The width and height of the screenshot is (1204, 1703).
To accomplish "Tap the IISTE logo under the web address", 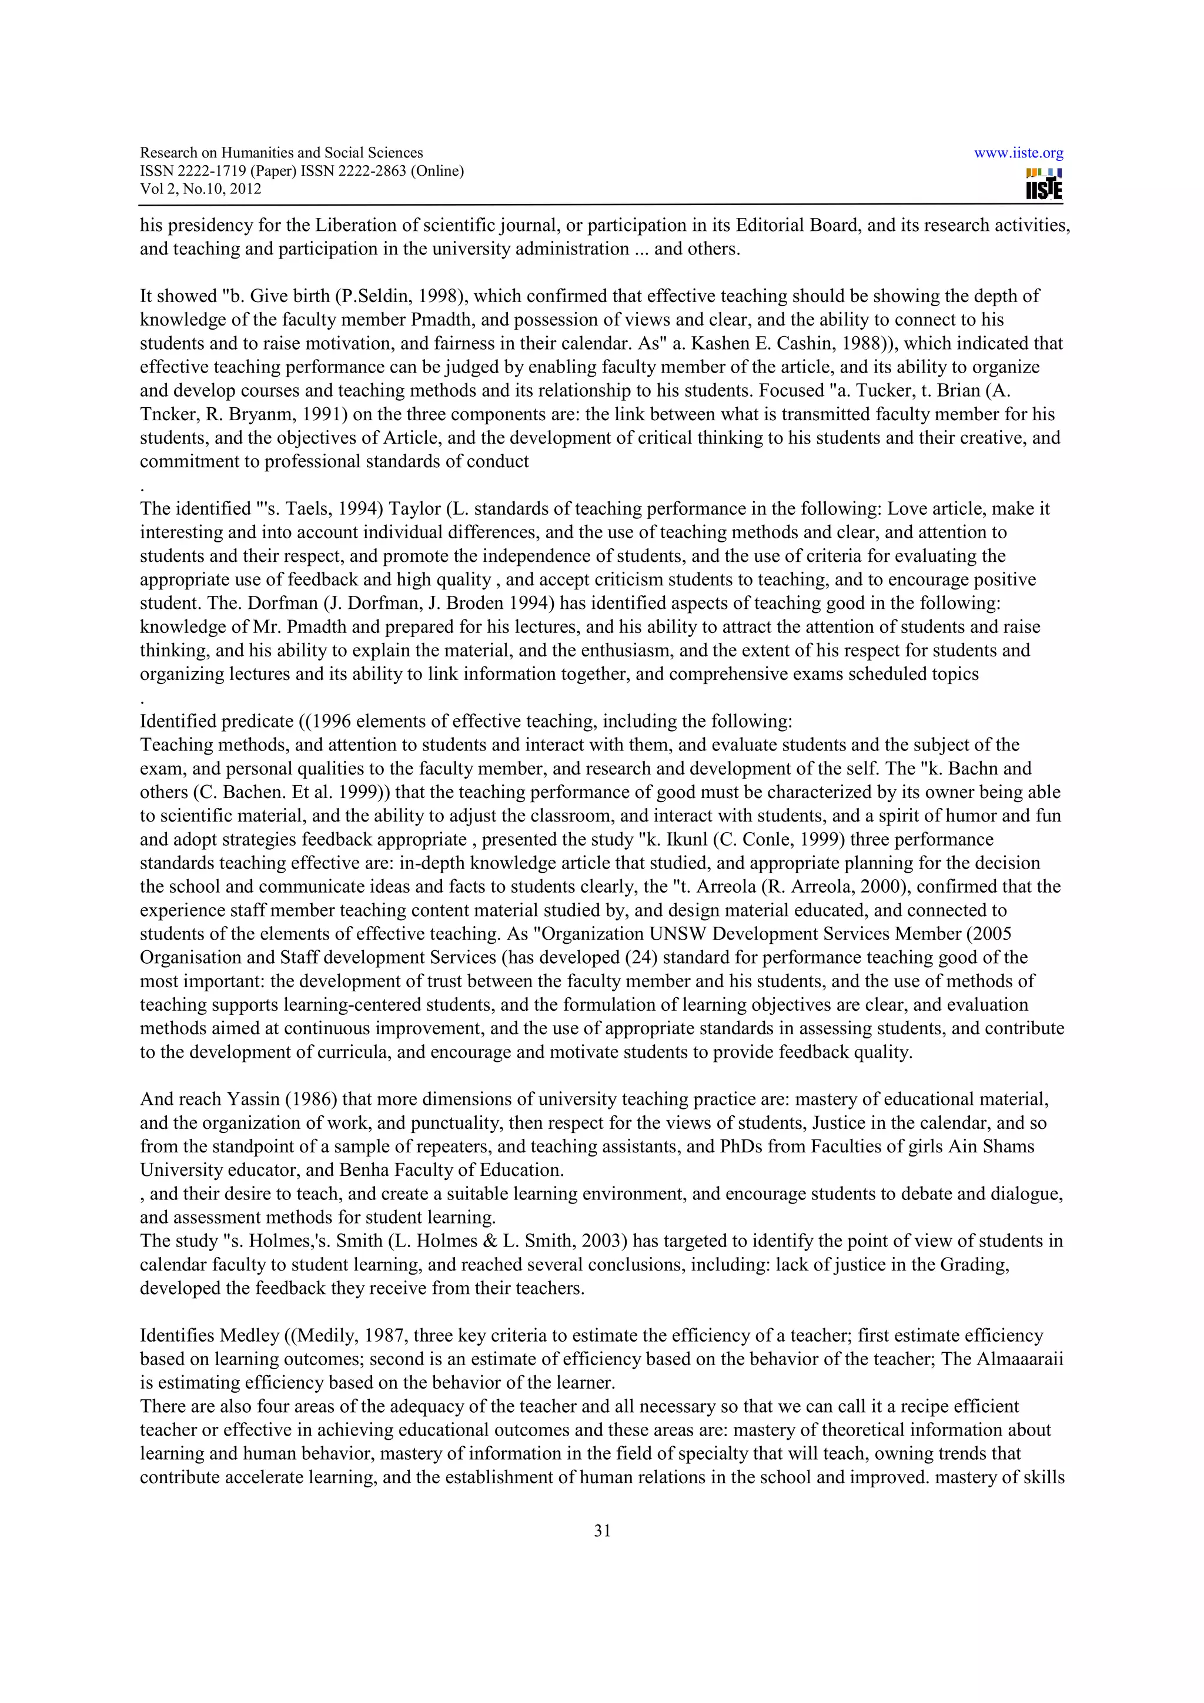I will (1044, 184).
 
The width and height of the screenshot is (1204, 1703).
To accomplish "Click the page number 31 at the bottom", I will (601, 1530).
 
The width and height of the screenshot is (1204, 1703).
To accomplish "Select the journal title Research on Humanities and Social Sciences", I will (281, 153).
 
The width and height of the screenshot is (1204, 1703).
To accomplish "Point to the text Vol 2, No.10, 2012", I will (200, 189).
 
